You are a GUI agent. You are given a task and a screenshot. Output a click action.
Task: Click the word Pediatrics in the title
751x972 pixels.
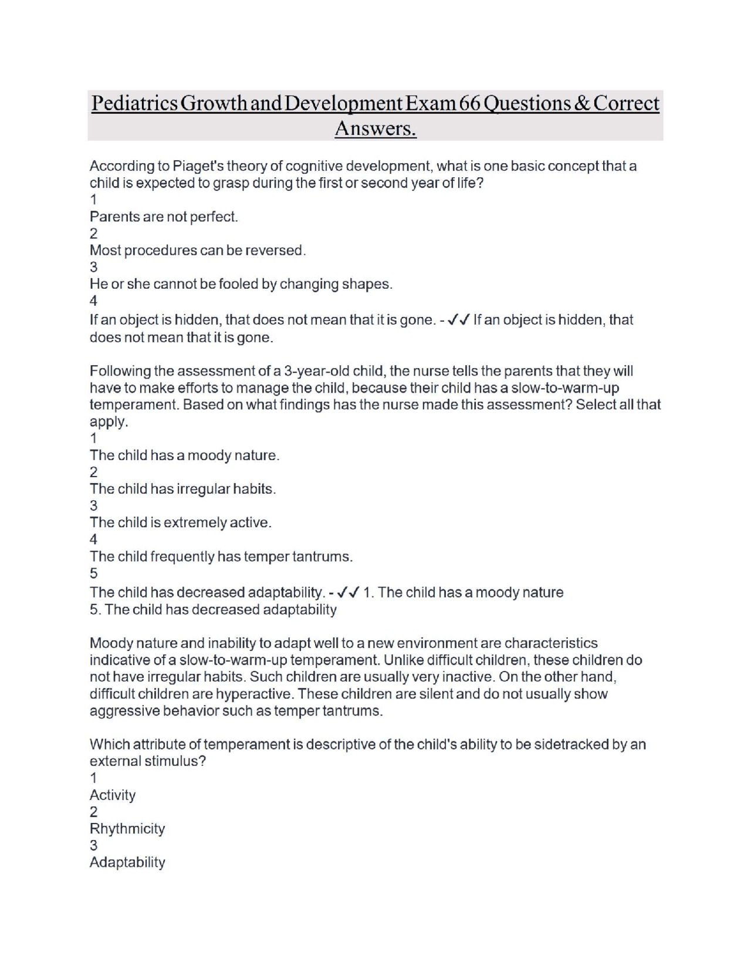pos(134,103)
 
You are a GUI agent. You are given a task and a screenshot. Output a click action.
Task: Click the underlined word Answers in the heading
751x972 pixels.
pos(375,128)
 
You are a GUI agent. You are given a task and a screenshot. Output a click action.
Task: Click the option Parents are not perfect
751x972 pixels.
pos(164,217)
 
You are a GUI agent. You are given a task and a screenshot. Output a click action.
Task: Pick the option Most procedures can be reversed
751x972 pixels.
pos(197,250)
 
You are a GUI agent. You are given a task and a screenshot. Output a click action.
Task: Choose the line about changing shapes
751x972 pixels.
pos(241,284)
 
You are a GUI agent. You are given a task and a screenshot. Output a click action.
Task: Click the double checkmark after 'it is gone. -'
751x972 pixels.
pos(458,320)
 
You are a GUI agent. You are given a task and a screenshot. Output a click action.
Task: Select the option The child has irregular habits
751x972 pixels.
pos(182,489)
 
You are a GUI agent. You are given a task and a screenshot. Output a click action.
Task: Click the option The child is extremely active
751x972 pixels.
pos(180,522)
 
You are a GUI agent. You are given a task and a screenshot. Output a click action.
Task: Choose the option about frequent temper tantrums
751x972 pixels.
pos(221,556)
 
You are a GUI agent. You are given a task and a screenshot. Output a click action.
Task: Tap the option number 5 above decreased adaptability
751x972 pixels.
pos(94,573)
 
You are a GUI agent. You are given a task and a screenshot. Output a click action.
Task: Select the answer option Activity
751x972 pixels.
pos(113,795)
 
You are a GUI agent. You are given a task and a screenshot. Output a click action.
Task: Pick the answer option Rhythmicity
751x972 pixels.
pos(127,829)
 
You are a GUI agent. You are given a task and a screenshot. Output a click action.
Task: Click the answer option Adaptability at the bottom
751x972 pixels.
pos(127,862)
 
